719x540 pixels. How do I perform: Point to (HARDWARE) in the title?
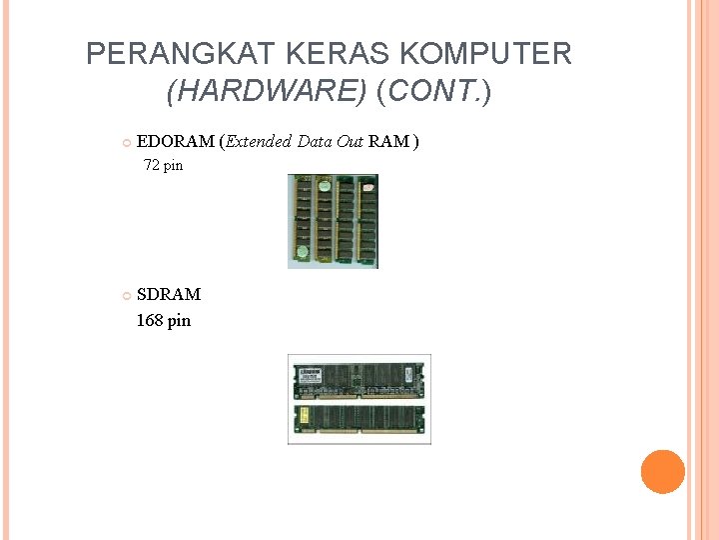click(x=268, y=92)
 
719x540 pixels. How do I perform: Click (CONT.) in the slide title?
click(x=434, y=92)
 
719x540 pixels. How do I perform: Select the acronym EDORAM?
click(x=175, y=141)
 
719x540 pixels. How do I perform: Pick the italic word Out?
click(x=351, y=141)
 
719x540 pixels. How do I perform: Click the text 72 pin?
click(x=163, y=166)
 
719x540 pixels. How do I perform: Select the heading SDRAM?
click(x=169, y=294)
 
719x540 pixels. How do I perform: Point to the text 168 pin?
click(x=164, y=321)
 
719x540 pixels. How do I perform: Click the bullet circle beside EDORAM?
click(x=126, y=142)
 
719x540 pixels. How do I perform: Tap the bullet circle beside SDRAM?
click(x=126, y=295)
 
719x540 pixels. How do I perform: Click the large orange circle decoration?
click(x=662, y=472)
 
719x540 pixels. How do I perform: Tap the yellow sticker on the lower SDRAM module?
click(x=303, y=414)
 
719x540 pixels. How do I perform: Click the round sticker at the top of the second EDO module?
click(x=324, y=186)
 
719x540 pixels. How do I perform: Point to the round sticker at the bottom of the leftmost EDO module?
click(x=302, y=252)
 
